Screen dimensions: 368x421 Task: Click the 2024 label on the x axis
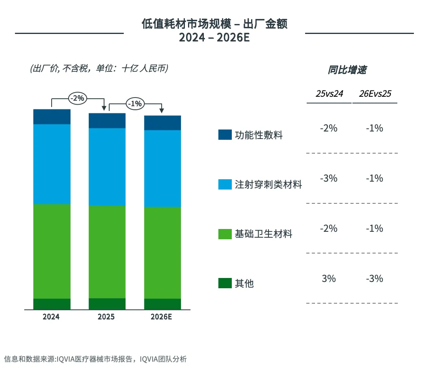pyautogui.click(x=51, y=317)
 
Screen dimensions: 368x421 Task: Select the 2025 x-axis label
pyautogui.click(x=107, y=317)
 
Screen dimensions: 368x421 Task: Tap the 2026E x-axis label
pyautogui.click(x=162, y=317)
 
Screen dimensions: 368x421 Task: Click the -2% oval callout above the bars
pyautogui.click(x=77, y=98)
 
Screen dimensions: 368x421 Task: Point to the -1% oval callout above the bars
pyautogui.click(x=135, y=104)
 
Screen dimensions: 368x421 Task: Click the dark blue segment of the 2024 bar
pyautogui.click(x=52, y=117)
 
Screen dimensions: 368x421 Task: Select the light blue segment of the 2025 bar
pyautogui.click(x=107, y=167)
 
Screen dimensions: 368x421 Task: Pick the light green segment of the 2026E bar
pyautogui.click(x=162, y=253)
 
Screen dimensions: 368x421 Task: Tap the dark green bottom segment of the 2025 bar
pyautogui.click(x=107, y=304)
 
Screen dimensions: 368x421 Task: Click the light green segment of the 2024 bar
pyautogui.click(x=52, y=251)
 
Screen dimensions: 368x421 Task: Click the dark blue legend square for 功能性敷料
pyautogui.click(x=225, y=135)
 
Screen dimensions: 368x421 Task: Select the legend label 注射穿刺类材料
pyautogui.click(x=268, y=184)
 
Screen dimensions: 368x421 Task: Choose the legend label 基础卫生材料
pyautogui.click(x=263, y=234)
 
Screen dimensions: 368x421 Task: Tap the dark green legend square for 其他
pyautogui.click(x=225, y=283)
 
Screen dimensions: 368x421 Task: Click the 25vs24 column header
pyautogui.click(x=329, y=94)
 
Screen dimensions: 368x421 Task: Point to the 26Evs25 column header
pyautogui.click(x=375, y=94)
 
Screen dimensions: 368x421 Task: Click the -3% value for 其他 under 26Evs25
pyautogui.click(x=374, y=279)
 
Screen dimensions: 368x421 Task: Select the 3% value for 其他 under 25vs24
pyautogui.click(x=329, y=279)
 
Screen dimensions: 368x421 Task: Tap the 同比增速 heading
pyautogui.click(x=347, y=70)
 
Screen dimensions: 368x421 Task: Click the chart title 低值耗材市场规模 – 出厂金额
pyautogui.click(x=214, y=24)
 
